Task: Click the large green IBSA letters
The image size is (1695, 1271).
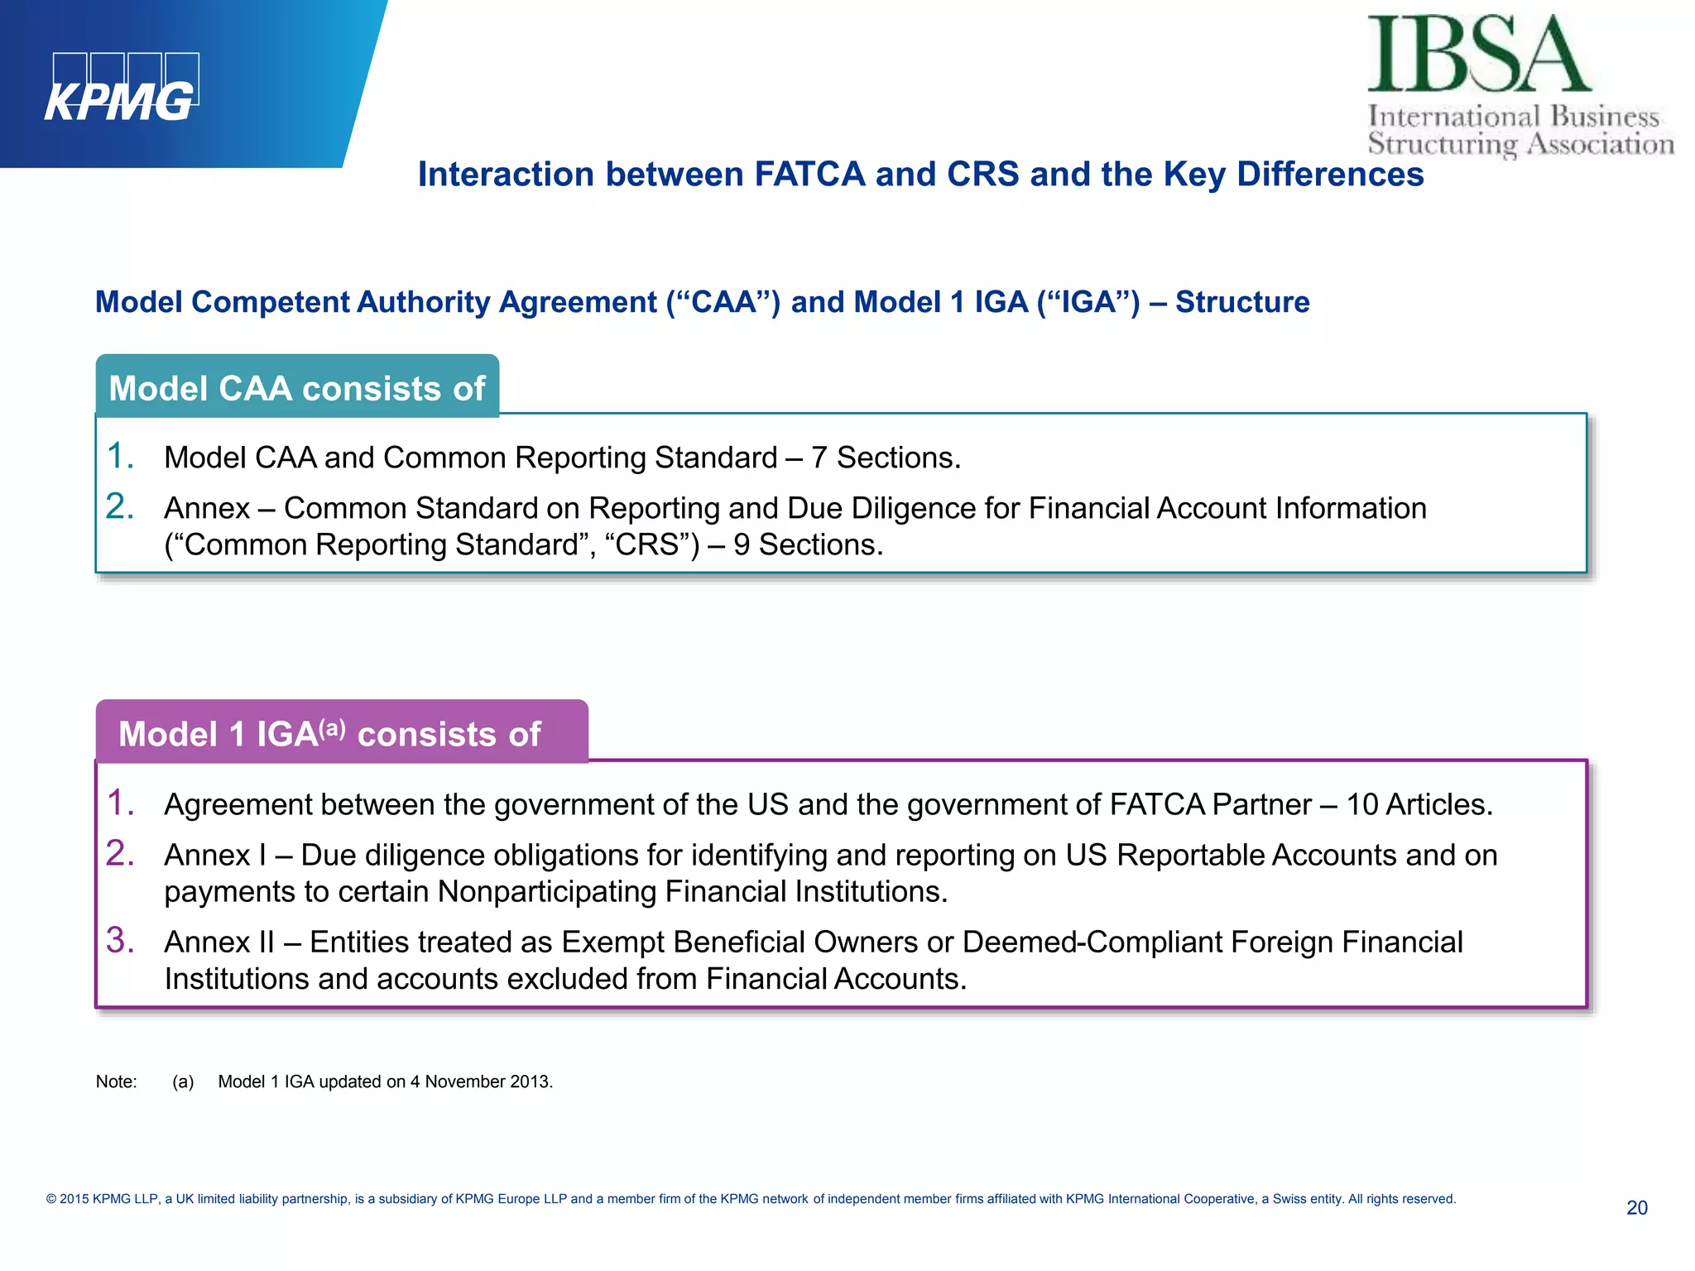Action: [x=1478, y=55]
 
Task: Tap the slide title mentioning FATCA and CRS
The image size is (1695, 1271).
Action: [x=920, y=175]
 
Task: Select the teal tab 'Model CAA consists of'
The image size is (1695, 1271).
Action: [x=297, y=388]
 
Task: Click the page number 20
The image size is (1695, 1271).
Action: [x=1636, y=1208]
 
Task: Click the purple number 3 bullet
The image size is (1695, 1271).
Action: [x=120, y=940]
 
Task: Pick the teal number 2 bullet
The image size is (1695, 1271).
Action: [x=120, y=506]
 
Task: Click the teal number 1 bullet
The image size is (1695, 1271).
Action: [x=120, y=456]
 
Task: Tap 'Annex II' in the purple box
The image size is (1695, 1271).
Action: [x=219, y=942]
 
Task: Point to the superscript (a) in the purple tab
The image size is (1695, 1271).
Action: [x=333, y=728]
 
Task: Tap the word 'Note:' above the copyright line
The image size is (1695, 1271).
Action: [x=116, y=1082]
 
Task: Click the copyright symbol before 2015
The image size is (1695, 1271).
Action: [x=51, y=1199]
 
